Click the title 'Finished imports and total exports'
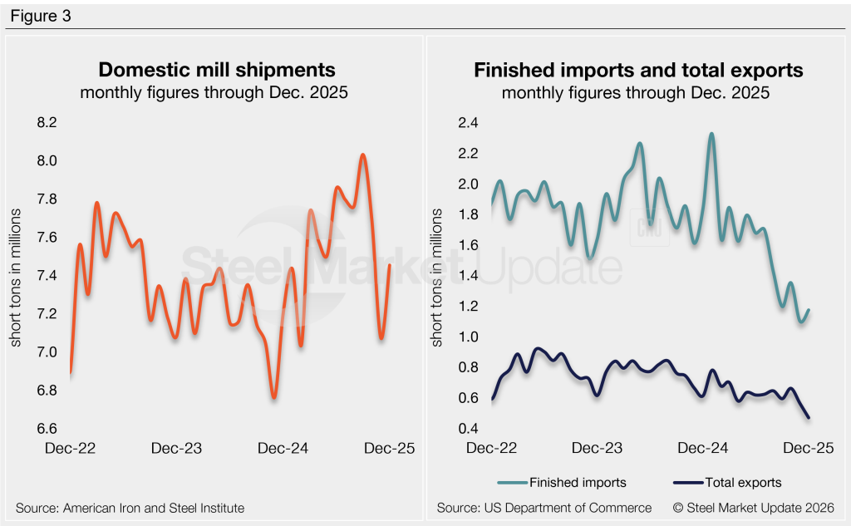pos(638,70)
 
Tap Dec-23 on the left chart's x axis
pos(176,448)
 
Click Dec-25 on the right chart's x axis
pos(809,448)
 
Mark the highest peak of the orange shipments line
pos(363,155)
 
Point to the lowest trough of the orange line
pos(274,397)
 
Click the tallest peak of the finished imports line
pos(711,134)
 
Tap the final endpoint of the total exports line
pos(809,417)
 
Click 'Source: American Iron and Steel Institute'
pos(130,507)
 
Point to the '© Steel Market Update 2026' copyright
pos(754,507)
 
